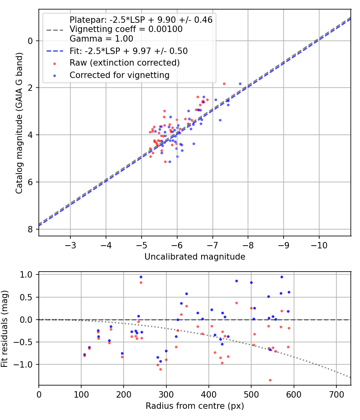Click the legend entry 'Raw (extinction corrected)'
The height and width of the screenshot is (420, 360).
pyautogui.click(x=124, y=63)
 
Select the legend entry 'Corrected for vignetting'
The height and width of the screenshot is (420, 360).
pyautogui.click(x=120, y=75)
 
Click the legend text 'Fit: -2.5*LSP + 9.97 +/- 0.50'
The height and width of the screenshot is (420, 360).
pyautogui.click(x=128, y=51)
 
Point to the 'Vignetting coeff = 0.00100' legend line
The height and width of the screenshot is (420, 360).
pyautogui.click(x=126, y=29)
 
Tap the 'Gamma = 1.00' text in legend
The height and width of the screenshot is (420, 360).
pyautogui.click(x=101, y=39)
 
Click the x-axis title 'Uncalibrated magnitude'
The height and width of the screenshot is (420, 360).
pyautogui.click(x=195, y=257)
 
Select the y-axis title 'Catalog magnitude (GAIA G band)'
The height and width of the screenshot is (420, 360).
pyautogui.click(x=19, y=123)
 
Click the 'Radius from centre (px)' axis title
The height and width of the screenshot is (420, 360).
pyautogui.click(x=195, y=406)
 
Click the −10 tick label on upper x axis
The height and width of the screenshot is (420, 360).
pyautogui.click(x=319, y=244)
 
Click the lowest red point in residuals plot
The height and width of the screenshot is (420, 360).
pyautogui.click(x=270, y=380)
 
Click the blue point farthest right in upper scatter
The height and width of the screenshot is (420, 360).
pyautogui.click(x=240, y=84)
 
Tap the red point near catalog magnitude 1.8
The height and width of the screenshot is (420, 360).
pyautogui.click(x=224, y=84)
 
